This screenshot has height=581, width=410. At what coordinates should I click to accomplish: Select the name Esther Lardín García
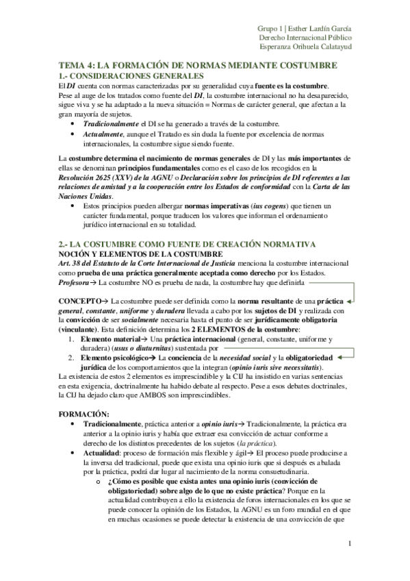[x=320, y=28]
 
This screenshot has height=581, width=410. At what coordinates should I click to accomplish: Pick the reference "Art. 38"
[x=72, y=264]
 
